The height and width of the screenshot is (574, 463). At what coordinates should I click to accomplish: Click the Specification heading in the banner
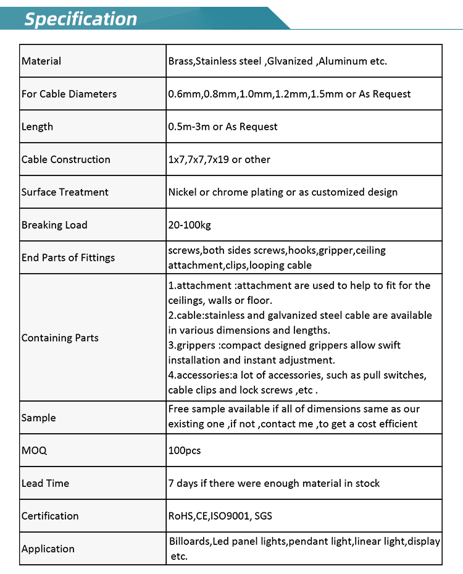point(80,19)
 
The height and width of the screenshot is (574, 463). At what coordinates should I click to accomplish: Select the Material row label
point(41,61)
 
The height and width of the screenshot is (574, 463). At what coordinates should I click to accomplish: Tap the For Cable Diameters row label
point(69,94)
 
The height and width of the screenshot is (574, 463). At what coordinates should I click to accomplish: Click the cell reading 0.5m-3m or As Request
point(223,127)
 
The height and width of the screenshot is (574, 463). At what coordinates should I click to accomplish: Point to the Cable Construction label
point(66,159)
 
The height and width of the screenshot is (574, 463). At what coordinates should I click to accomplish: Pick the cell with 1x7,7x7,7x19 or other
point(219,159)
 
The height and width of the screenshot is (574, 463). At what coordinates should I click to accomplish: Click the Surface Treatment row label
point(65,192)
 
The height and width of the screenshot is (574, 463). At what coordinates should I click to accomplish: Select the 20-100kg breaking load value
point(190,225)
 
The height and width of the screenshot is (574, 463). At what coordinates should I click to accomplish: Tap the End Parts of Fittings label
point(68,258)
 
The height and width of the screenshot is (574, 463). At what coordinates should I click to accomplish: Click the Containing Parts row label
point(60,338)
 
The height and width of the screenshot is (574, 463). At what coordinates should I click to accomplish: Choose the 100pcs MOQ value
point(185,450)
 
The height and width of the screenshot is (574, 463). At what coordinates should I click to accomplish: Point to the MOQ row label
point(34,450)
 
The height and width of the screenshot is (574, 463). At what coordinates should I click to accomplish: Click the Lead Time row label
point(45,483)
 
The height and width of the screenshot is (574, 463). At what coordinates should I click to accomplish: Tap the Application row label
point(48,549)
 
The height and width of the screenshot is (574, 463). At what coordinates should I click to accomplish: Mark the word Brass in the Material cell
point(181,61)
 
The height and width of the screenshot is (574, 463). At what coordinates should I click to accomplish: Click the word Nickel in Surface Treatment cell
point(183,192)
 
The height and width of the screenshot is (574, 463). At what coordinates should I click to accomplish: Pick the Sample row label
point(38,418)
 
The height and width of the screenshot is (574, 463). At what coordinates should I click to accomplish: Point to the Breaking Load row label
point(54,225)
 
